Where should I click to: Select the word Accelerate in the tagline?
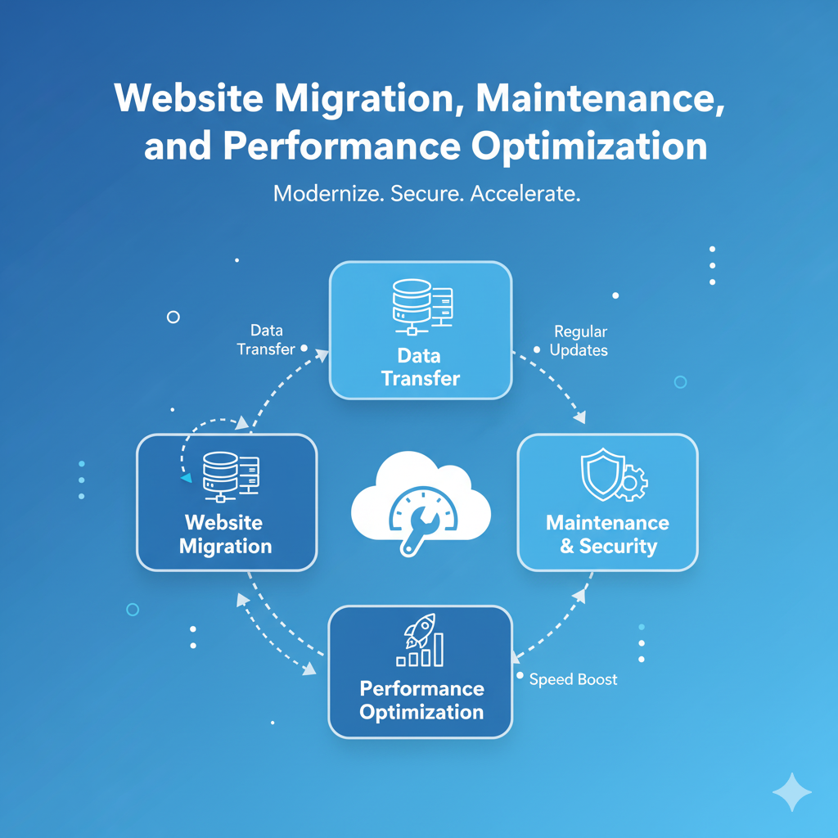tap(525, 195)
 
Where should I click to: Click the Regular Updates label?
tap(579, 341)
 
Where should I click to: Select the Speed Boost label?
tap(573, 679)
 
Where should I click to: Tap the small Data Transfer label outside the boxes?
tap(266, 340)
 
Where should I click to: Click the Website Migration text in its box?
tap(224, 534)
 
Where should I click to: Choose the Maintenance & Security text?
tap(607, 534)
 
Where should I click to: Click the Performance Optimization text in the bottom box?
tap(421, 700)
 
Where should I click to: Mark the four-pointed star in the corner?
tap(792, 792)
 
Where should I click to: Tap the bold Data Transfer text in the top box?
tap(420, 367)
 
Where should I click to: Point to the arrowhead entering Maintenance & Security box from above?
tap(580, 419)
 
